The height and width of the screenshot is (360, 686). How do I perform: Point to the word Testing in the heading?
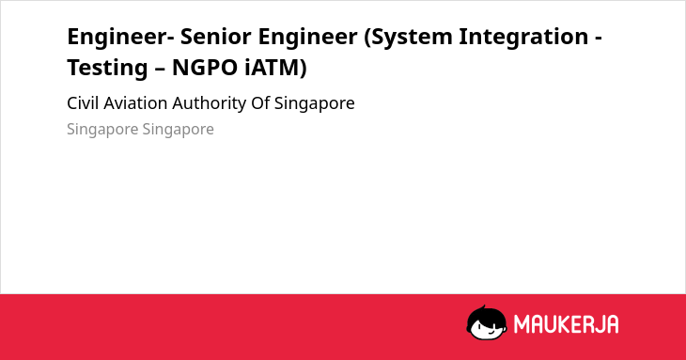click(107, 69)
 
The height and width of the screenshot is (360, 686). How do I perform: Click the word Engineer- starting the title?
click(120, 38)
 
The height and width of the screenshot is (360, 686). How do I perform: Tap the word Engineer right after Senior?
click(307, 38)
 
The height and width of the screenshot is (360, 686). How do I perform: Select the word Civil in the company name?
click(83, 103)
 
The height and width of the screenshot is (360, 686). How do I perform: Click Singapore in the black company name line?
click(315, 104)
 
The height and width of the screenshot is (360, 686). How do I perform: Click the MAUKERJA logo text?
click(566, 324)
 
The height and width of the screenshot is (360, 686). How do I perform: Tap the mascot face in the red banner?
click(487, 328)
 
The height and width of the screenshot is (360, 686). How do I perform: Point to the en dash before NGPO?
click(160, 70)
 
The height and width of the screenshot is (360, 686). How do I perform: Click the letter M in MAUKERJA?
click(522, 324)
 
